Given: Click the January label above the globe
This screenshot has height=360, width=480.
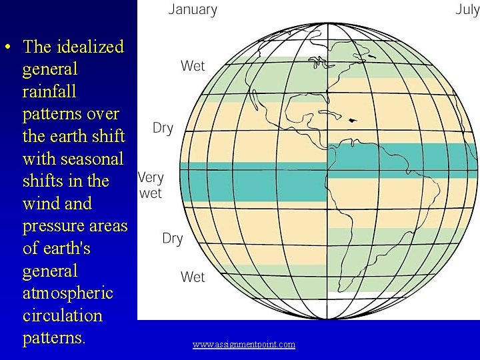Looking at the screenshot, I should point(193,9).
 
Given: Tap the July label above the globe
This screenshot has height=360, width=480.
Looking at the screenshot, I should point(467,9).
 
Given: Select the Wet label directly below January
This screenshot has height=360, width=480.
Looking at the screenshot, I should point(193,65).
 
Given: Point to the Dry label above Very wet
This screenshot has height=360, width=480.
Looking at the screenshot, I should point(163,128).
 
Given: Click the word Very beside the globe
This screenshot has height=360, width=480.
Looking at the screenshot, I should point(150,178).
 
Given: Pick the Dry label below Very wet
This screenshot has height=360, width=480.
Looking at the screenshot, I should point(172,238).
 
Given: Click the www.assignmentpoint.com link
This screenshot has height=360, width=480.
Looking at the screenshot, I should point(244,344).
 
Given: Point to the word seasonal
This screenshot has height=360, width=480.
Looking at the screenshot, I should point(91,159).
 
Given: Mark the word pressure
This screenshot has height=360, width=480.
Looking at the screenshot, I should point(53,226).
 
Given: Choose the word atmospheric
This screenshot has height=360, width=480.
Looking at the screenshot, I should point(67,293).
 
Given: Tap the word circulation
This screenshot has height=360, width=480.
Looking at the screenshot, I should point(62,315).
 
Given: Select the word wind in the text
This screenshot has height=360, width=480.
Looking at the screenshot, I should point(41,203).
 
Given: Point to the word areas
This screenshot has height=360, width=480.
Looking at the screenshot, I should point(107,226).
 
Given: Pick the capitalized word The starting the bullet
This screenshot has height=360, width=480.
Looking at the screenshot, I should point(37,47).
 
